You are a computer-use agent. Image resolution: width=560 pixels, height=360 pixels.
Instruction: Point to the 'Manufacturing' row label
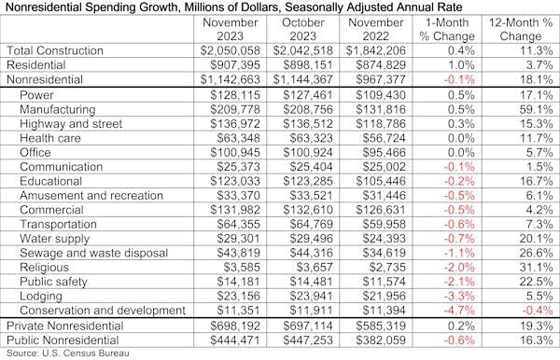point(58,109)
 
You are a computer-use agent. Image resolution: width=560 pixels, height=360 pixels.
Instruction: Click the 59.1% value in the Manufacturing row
point(527,109)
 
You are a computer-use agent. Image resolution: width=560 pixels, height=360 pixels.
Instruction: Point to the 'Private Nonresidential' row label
point(67,325)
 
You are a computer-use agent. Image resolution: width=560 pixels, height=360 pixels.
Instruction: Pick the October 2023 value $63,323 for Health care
point(307,138)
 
